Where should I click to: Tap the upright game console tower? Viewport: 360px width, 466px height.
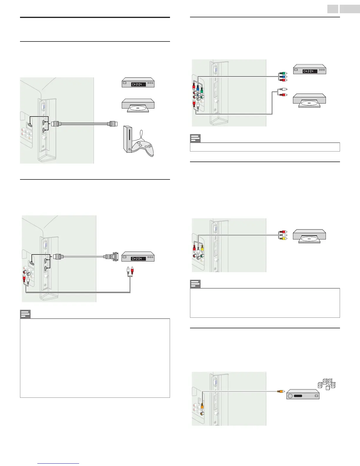[x=127, y=139]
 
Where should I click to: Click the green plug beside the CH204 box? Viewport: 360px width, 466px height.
[x=283, y=73]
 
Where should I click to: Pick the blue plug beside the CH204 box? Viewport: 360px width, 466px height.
[x=283, y=76]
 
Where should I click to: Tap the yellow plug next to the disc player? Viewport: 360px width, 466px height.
[x=283, y=239]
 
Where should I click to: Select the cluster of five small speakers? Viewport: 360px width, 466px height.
[x=326, y=384]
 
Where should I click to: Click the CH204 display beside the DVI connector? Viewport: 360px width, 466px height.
[x=139, y=259]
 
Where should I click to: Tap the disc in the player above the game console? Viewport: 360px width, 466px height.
[x=138, y=108]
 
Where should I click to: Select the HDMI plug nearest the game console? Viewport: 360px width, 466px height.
[x=113, y=124]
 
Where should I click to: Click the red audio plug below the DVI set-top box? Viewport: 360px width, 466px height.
[x=132, y=269]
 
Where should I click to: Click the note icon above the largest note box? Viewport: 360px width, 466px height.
[x=25, y=314]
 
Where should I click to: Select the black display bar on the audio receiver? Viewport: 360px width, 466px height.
[x=298, y=396]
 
